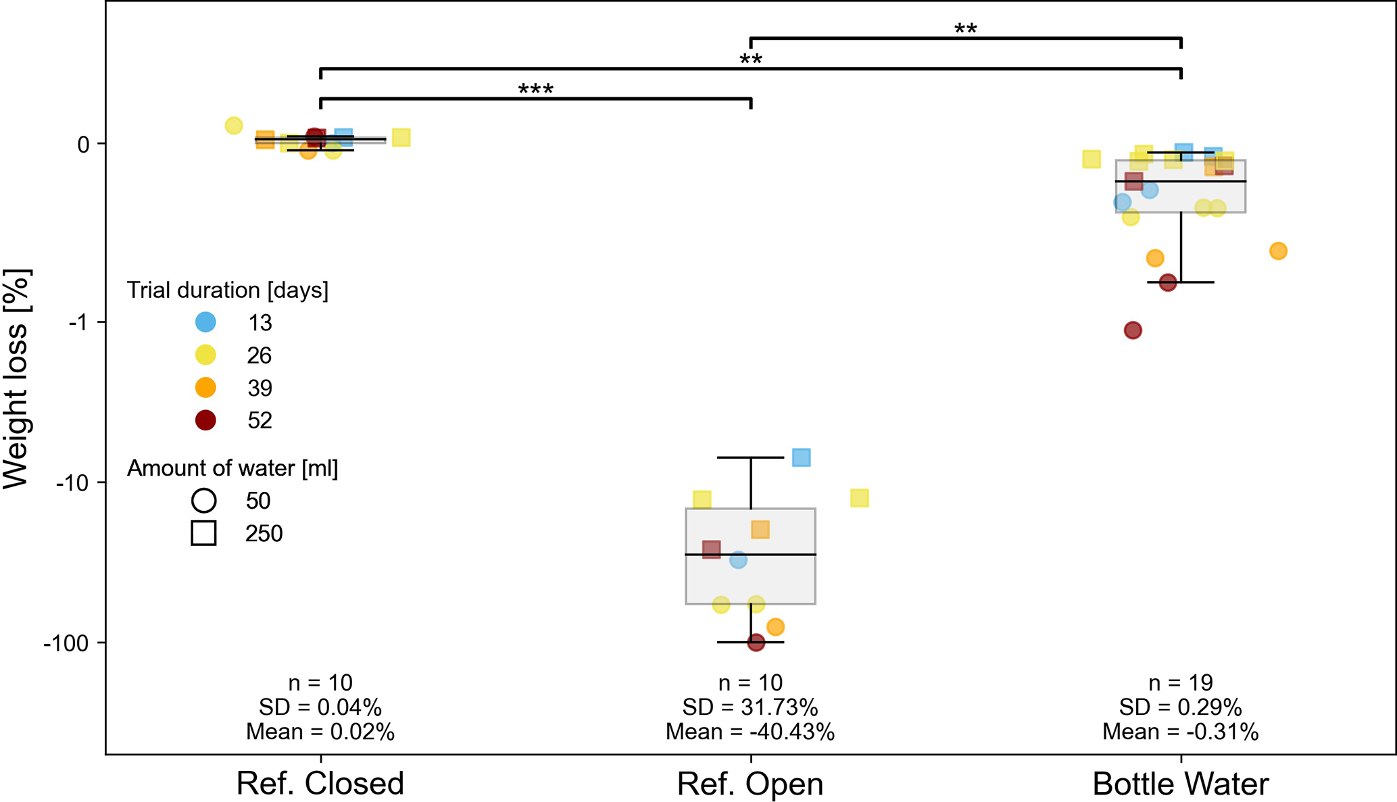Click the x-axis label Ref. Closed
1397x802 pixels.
320,784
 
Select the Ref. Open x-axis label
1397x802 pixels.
750,784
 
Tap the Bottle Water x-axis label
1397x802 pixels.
1180,784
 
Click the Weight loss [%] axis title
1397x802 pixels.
16,378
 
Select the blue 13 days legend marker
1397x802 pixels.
205,322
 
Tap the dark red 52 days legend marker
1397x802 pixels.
205,420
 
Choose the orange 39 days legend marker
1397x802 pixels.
205,388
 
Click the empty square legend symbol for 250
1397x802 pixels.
203,533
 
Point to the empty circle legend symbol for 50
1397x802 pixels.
203,501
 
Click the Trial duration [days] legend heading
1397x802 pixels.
228,291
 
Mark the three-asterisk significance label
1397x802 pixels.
535,90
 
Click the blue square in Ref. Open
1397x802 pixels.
801,457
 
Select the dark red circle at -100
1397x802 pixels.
756,642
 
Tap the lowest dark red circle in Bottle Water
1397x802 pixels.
1133,330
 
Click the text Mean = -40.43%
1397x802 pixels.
750,732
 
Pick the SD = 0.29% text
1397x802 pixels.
1180,707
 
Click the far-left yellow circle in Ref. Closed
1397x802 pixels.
233,126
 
